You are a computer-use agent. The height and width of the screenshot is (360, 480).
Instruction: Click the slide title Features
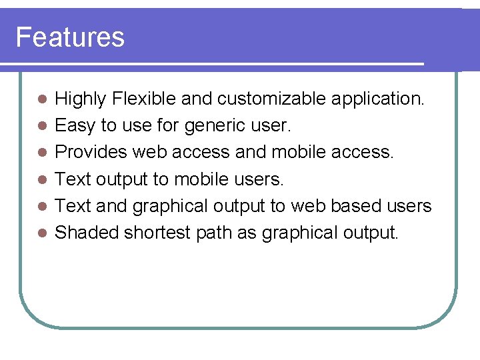click(70, 37)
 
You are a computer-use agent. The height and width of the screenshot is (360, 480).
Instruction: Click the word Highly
click(81, 99)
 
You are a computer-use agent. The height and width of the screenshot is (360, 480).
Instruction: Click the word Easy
click(75, 126)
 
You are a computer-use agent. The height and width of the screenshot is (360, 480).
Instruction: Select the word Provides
click(91, 153)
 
